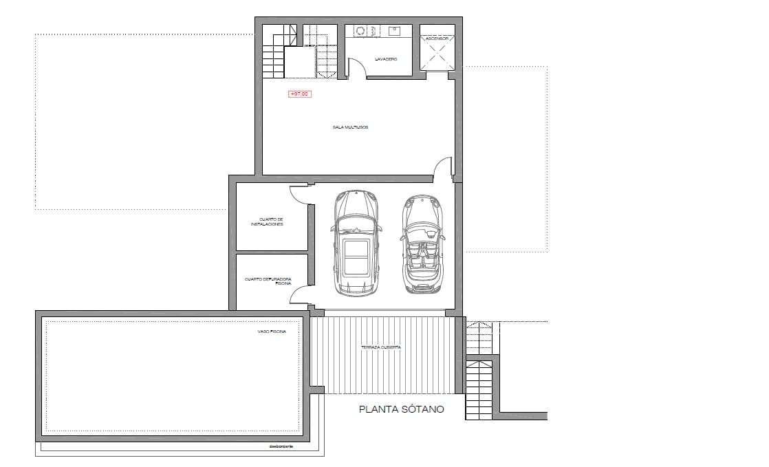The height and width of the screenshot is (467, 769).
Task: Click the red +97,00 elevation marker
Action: click(x=299, y=94)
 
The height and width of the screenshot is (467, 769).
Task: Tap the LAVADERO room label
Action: click(x=386, y=59)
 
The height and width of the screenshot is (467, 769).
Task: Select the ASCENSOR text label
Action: click(x=437, y=39)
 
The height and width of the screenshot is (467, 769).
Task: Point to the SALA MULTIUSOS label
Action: click(x=350, y=127)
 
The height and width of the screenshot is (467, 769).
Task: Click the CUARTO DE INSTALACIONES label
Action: click(x=267, y=222)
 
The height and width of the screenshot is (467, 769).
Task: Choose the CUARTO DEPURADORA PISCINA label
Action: click(x=268, y=281)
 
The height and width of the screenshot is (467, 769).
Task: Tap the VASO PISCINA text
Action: click(x=272, y=332)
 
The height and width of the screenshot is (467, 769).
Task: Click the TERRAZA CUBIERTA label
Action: click(x=380, y=347)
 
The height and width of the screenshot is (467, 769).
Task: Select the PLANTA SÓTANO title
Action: click(x=402, y=409)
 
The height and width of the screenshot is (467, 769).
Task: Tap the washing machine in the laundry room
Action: click(x=360, y=31)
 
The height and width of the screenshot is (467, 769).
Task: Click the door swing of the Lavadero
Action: click(x=356, y=69)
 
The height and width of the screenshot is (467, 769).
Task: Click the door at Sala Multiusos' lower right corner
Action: click(x=444, y=167)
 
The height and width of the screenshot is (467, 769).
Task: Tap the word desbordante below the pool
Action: click(x=281, y=446)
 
